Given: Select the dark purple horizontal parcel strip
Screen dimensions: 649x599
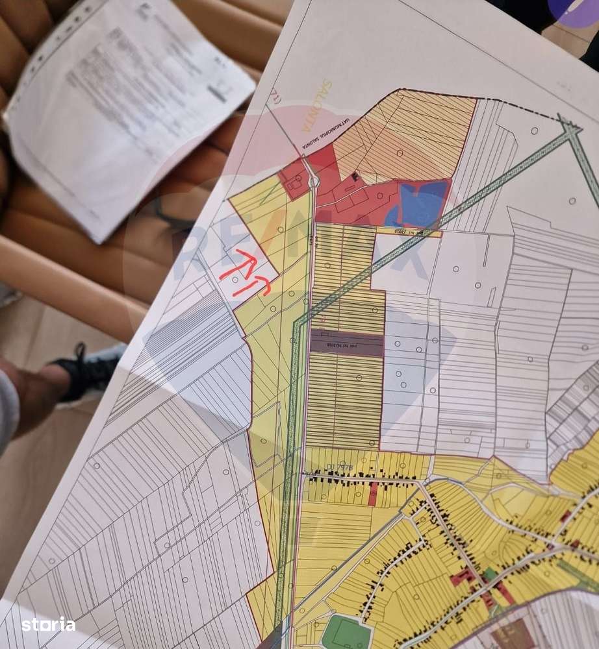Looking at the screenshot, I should (x=346, y=343).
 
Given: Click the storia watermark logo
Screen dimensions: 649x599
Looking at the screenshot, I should (x=48, y=625).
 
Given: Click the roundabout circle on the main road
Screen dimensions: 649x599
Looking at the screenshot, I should (x=314, y=182).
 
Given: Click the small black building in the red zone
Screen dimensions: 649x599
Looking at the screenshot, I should (x=355, y=177).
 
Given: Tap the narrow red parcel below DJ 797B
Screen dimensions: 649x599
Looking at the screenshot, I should (x=372, y=494).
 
